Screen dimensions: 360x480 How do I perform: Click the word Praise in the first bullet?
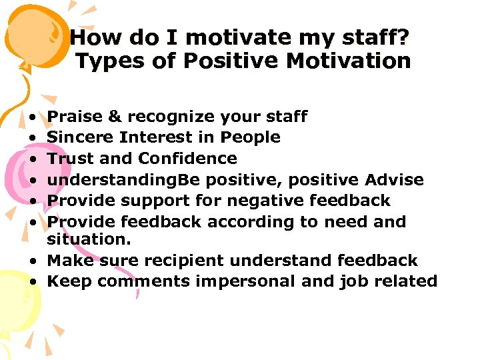pos(74,117)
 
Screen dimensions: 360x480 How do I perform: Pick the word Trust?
pos(70,159)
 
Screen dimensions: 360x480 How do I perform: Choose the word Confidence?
pos(187,159)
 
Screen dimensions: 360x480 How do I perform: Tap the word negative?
pos(257,200)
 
